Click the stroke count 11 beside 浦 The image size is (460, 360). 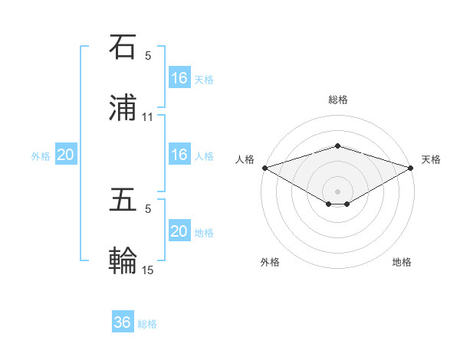tap(148, 117)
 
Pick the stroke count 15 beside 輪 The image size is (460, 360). tap(148, 270)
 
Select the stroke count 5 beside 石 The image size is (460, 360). tap(148, 55)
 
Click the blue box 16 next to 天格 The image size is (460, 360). tap(179, 77)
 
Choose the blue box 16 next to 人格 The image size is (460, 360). tap(179, 155)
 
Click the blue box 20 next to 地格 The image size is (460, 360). tap(179, 231)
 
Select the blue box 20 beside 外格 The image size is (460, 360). tap(66, 155)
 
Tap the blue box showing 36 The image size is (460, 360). tap(123, 322)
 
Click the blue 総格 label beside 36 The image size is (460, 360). tap(147, 324)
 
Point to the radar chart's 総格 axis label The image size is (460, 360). tap(338, 100)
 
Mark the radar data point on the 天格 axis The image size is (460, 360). tap(412, 168)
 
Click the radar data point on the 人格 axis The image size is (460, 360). tap(264, 168)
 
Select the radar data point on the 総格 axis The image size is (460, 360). tap(338, 146)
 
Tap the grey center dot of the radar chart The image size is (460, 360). tap(338, 191)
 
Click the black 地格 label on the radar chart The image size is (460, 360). tap(402, 263)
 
